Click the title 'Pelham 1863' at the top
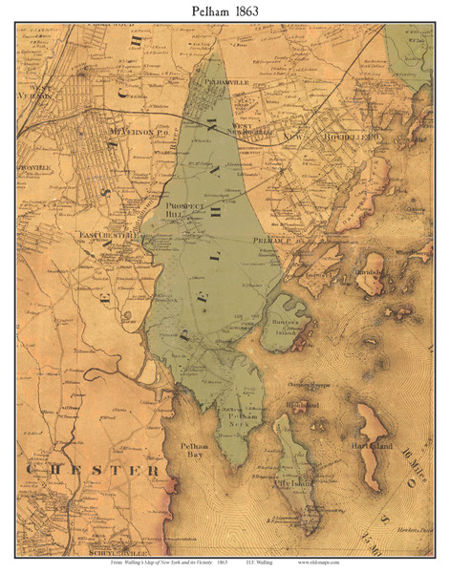[x=225, y=11]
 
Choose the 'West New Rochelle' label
[x=251, y=128]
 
